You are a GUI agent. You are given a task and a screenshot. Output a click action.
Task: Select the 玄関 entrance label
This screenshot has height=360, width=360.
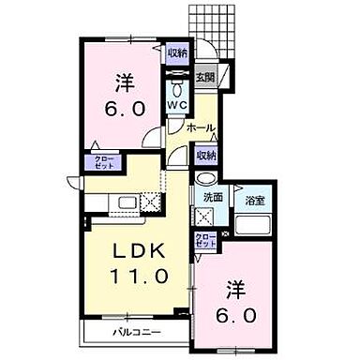[206, 78]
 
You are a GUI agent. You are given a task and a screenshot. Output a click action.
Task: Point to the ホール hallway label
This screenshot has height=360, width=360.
[199, 127]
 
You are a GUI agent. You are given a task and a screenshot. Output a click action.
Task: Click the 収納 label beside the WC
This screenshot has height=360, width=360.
[178, 53]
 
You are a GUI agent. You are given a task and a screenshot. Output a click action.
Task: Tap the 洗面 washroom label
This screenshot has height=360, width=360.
[211, 198]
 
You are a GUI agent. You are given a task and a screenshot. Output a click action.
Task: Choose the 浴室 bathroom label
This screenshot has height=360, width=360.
[251, 200]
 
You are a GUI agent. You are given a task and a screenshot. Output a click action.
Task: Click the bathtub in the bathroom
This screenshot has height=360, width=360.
[251, 226]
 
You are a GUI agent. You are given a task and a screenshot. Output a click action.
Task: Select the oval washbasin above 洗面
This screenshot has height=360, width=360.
[207, 180]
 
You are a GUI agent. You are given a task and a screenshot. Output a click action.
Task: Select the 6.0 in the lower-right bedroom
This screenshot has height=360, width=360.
[240, 316]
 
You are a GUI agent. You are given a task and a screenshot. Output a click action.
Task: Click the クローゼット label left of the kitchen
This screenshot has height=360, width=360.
[103, 163]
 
